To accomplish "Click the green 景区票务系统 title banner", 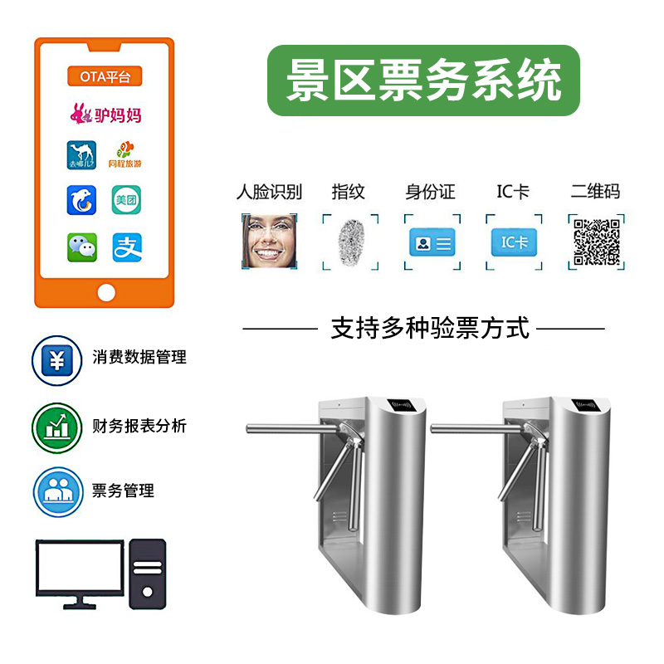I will click(423, 81).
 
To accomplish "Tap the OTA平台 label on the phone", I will click(105, 77).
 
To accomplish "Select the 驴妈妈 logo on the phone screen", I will click(105, 114).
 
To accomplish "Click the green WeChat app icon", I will click(82, 247).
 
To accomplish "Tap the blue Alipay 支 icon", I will click(127, 247).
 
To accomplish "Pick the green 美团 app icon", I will click(127, 200).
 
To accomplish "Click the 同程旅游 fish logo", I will click(127, 154).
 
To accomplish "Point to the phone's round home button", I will click(105, 292).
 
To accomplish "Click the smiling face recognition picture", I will click(269, 241).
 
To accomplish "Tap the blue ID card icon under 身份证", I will click(432, 242).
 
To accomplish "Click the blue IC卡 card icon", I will click(514, 242).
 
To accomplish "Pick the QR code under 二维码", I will click(597, 242).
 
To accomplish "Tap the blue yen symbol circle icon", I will click(57, 360).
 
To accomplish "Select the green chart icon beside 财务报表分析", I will click(57, 427).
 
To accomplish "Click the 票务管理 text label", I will click(124, 491).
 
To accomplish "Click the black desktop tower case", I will click(148, 574).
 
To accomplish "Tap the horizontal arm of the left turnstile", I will click(290, 428).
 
